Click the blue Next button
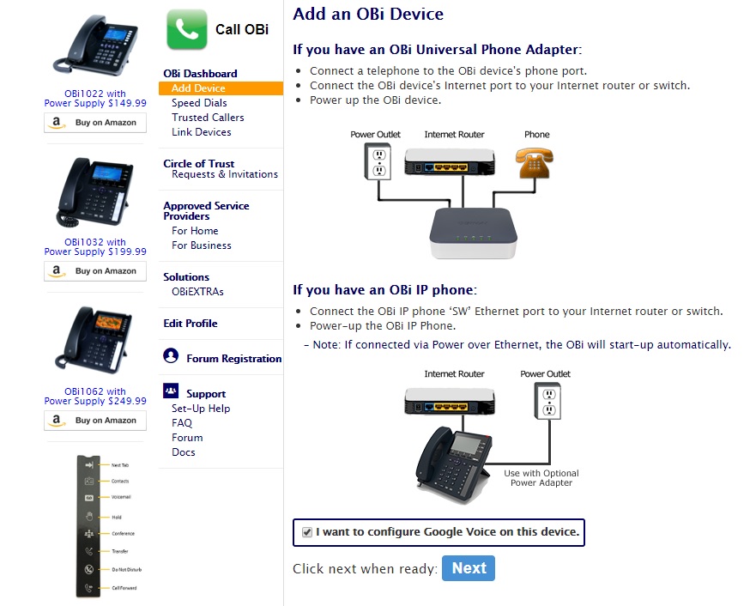[x=469, y=568]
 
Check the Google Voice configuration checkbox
[x=307, y=533]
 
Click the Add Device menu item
[x=198, y=88]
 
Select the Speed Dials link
[x=199, y=103]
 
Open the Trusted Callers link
[x=208, y=118]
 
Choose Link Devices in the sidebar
[x=202, y=132]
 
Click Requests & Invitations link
[x=225, y=174]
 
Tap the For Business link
[x=202, y=245]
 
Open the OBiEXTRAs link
[x=197, y=292]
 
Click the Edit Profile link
[x=191, y=324]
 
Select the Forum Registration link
[x=233, y=359]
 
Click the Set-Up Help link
[x=201, y=409]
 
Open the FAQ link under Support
[x=182, y=423]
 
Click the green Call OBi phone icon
[x=186, y=29]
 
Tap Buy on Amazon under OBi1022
[x=95, y=123]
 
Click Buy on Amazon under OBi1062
[x=95, y=421]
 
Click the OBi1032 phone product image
[x=95, y=193]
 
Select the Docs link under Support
[x=184, y=452]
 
